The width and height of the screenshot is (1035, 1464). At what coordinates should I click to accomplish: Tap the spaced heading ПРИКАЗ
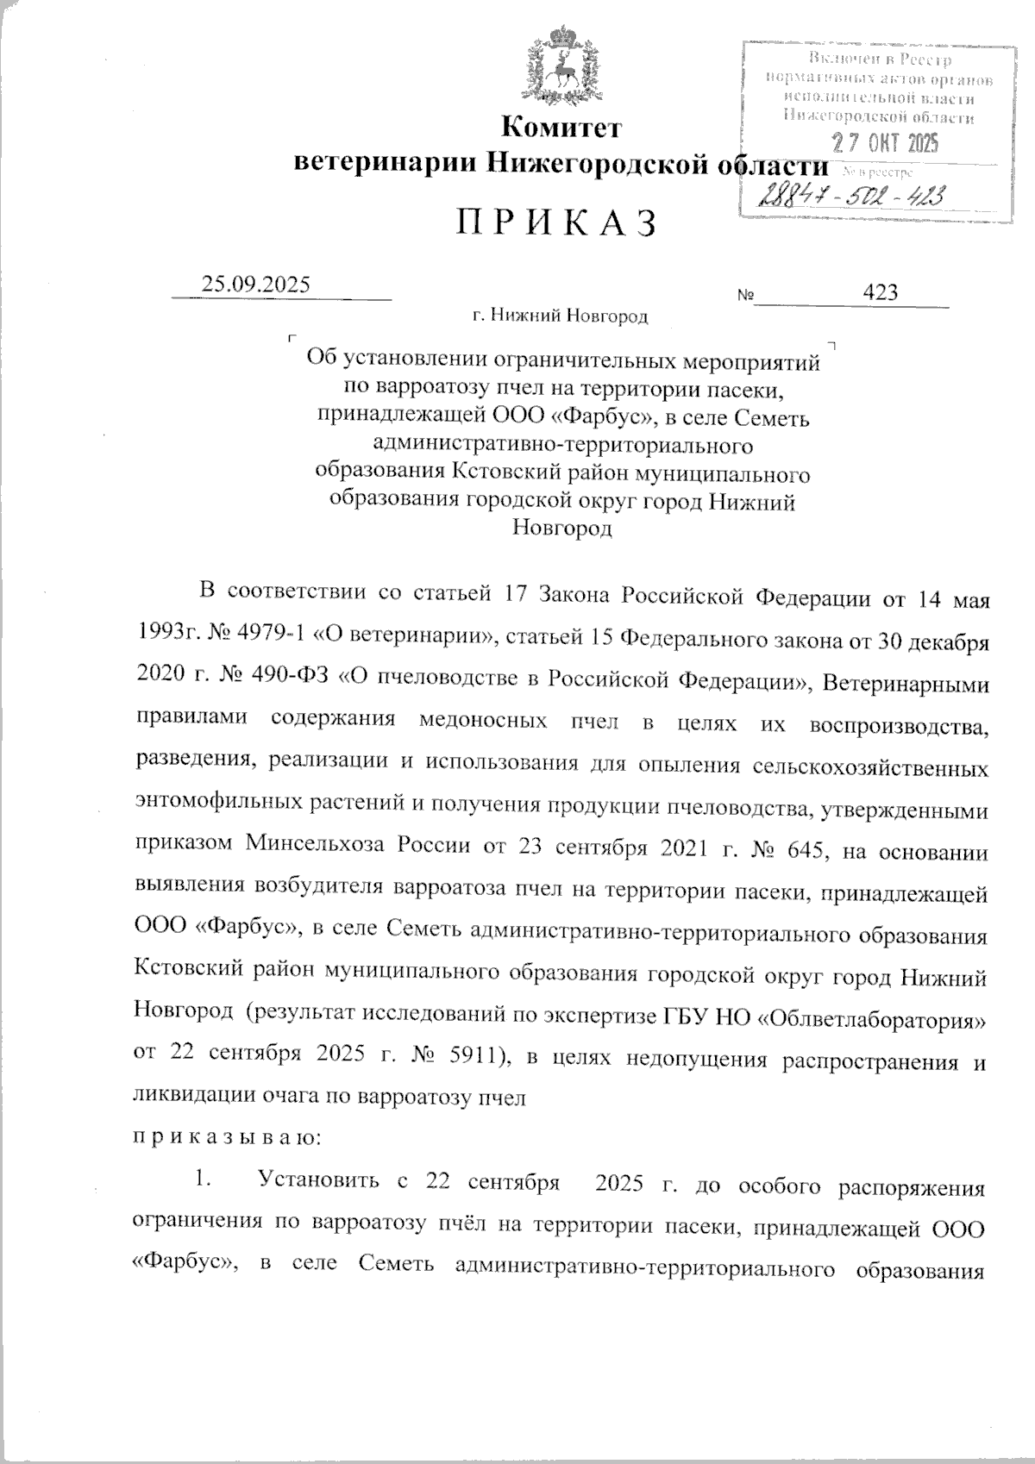(556, 223)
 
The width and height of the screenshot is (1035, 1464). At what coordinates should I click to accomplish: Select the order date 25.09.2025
(254, 285)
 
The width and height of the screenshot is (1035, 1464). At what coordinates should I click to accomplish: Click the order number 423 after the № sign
(880, 292)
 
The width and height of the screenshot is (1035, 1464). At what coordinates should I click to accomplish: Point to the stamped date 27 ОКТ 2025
(884, 143)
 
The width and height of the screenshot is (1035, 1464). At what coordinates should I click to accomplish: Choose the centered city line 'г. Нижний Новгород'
(560, 316)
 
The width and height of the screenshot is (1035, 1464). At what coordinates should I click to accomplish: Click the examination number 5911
(467, 1053)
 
